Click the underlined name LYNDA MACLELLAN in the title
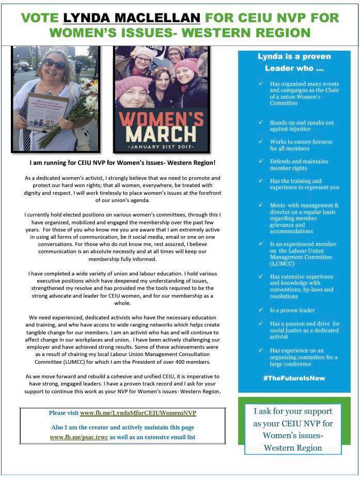pos(131,18)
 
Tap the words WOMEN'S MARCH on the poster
pos(161,124)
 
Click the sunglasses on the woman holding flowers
pos(54,64)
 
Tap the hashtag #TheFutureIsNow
pos(293,378)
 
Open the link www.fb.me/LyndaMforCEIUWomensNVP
pos(138,413)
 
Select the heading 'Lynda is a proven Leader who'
pos(294,62)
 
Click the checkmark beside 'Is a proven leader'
pos(261,310)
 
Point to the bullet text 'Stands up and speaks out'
pos(302,122)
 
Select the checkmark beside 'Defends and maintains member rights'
pos(261,161)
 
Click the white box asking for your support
pos(293,429)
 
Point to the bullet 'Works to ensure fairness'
pos(301,142)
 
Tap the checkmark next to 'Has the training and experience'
pos(261,181)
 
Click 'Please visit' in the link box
pos(64,413)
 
